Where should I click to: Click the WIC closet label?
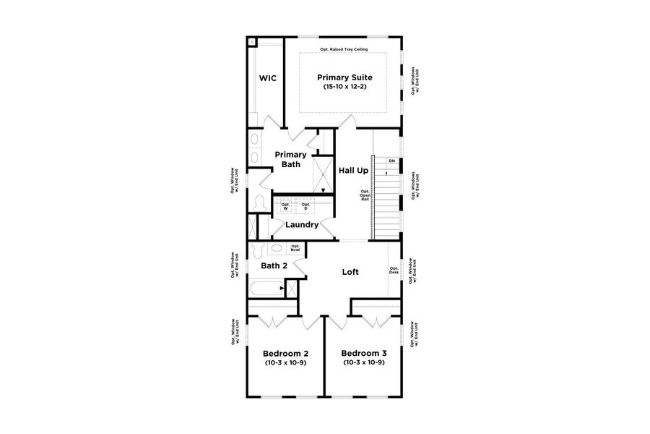[268, 77]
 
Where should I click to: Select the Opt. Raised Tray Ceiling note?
[344, 50]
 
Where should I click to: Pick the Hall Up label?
[354, 170]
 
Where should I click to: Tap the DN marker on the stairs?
[391, 161]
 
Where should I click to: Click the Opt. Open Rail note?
[365, 196]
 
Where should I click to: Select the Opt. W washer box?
[285, 207]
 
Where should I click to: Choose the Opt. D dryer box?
[305, 207]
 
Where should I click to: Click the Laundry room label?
[302, 225]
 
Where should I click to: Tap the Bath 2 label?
[274, 266]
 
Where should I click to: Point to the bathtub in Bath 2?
[264, 292]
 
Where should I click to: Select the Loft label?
[350, 272]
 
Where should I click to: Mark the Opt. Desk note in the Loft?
[394, 269]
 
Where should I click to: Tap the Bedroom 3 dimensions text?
[364, 362]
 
